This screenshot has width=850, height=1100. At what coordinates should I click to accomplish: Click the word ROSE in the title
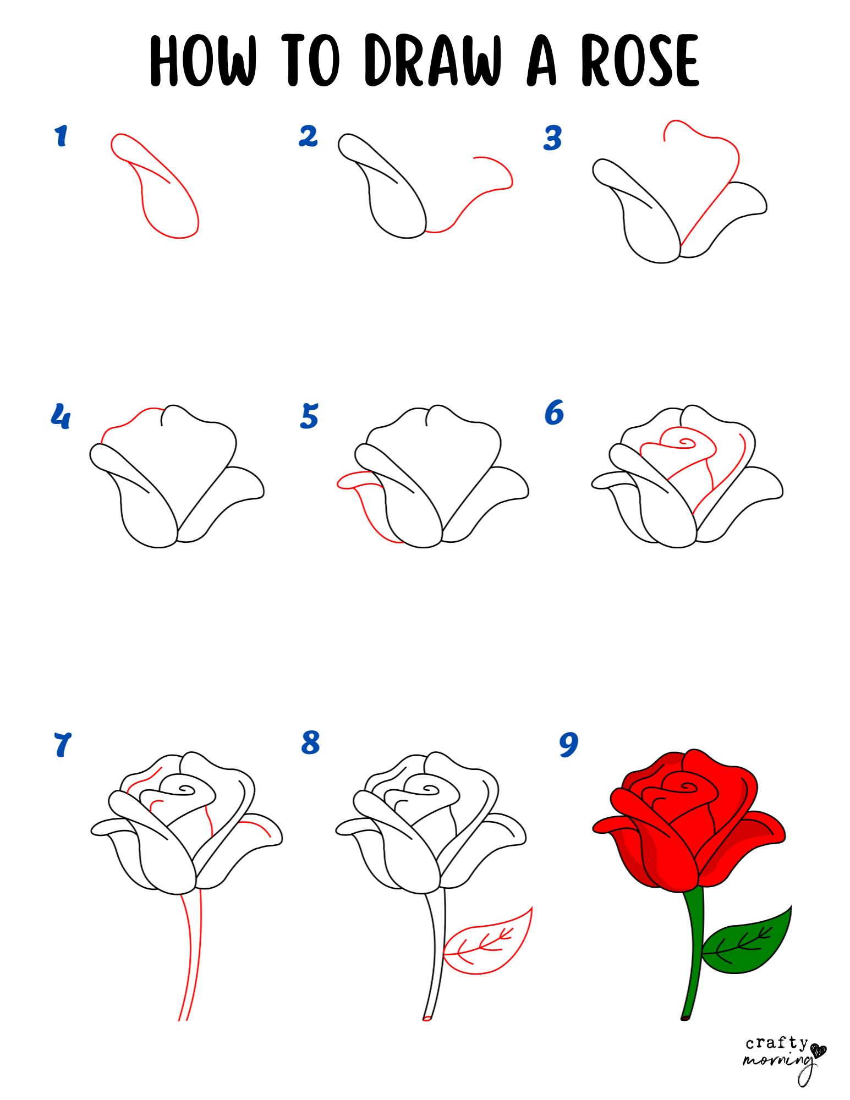640,60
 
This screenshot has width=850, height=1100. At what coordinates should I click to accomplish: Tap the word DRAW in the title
433,60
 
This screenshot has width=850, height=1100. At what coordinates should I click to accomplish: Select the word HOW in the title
204,60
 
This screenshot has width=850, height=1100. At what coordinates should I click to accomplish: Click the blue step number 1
61,136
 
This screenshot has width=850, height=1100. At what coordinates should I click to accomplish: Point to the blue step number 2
308,136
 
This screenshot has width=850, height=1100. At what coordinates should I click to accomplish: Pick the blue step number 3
553,137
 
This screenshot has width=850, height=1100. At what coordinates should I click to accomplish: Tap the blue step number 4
61,416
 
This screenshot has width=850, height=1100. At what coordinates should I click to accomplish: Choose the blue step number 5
309,416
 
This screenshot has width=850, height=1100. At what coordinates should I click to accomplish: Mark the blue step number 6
554,413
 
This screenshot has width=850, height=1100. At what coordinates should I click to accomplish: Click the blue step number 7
63,745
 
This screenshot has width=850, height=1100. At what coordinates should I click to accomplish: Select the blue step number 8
310,743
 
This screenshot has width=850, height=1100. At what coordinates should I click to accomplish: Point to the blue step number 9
568,745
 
